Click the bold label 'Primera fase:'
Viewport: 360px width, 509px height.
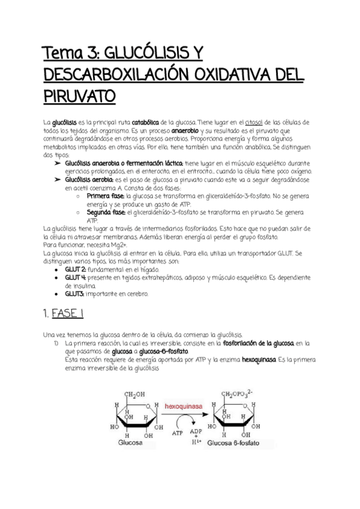click(x=106, y=196)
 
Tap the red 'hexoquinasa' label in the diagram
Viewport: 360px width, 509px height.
click(x=184, y=406)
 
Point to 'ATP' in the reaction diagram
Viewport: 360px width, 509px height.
click(x=178, y=432)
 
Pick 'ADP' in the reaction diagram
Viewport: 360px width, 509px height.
click(x=196, y=432)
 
